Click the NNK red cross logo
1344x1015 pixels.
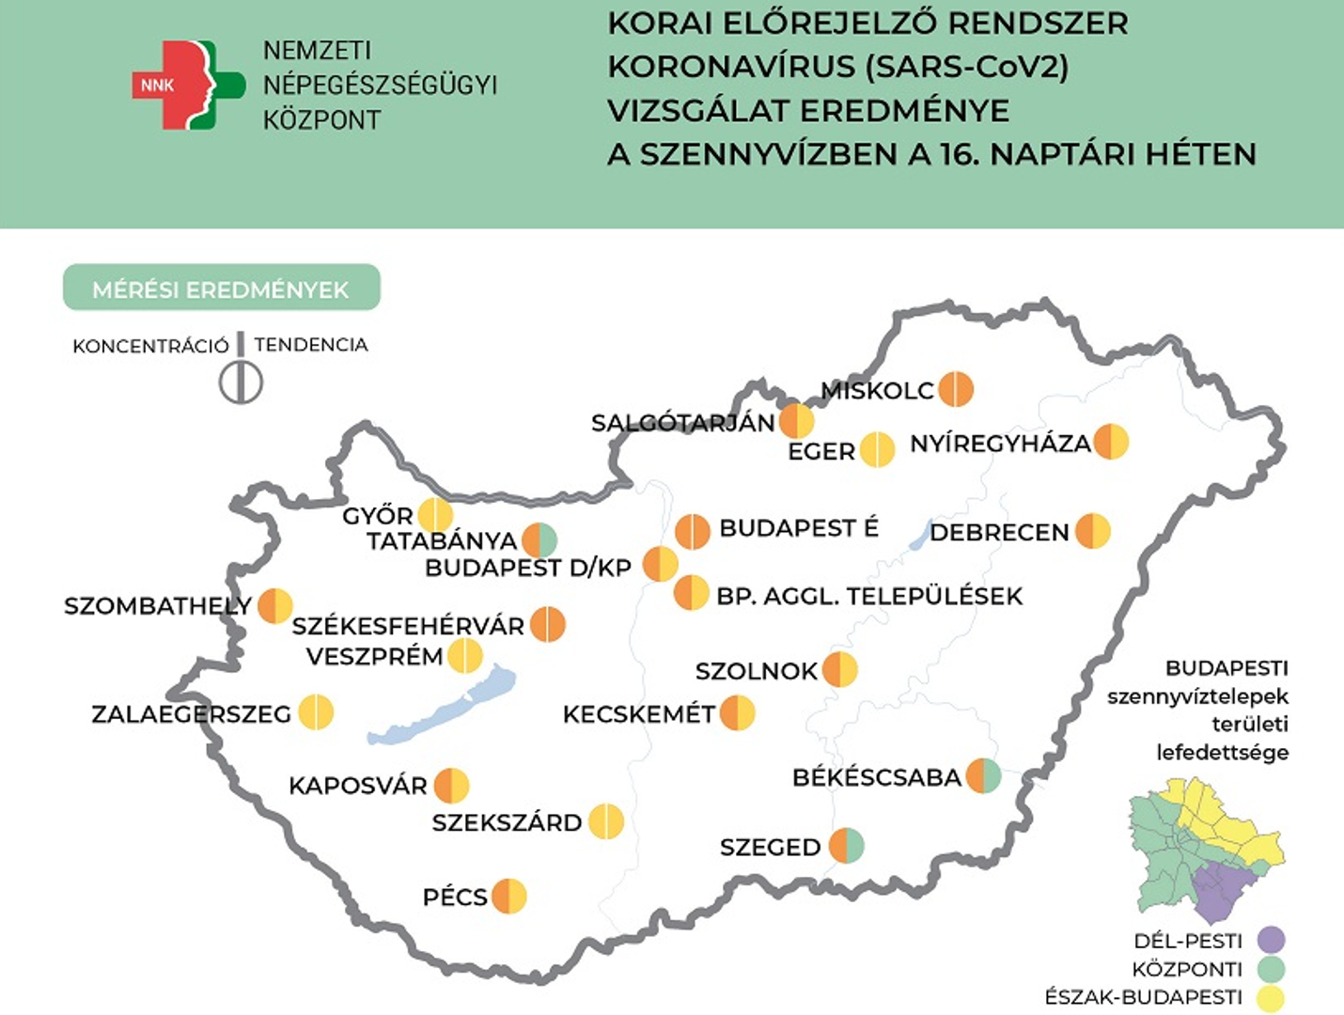pyautogui.click(x=185, y=85)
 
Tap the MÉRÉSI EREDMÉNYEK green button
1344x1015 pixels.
pyautogui.click(x=221, y=289)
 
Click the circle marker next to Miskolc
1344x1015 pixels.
pyautogui.click(x=956, y=388)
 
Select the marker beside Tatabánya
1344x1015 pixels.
pyautogui.click(x=539, y=540)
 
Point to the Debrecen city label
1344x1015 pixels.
pyautogui.click(x=999, y=532)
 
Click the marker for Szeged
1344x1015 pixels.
pyautogui.click(x=846, y=846)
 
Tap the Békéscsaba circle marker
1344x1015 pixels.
pyautogui.click(x=983, y=776)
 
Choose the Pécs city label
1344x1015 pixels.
pyautogui.click(x=455, y=897)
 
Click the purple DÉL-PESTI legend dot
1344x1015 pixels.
pyautogui.click(x=1271, y=940)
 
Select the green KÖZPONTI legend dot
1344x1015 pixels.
pyautogui.click(x=1271, y=969)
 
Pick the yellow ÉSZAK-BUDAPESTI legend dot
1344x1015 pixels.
pyautogui.click(x=1271, y=997)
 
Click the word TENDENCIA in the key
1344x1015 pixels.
pyautogui.click(x=311, y=345)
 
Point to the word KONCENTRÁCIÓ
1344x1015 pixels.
pyautogui.click(x=150, y=346)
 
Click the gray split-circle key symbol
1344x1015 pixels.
pyautogui.click(x=241, y=383)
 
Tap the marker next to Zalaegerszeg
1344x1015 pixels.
pyautogui.click(x=316, y=712)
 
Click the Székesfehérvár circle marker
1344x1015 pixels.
pyautogui.click(x=548, y=624)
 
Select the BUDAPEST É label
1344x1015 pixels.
pyautogui.click(x=799, y=528)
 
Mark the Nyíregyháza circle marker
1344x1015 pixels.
pyautogui.click(x=1110, y=442)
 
